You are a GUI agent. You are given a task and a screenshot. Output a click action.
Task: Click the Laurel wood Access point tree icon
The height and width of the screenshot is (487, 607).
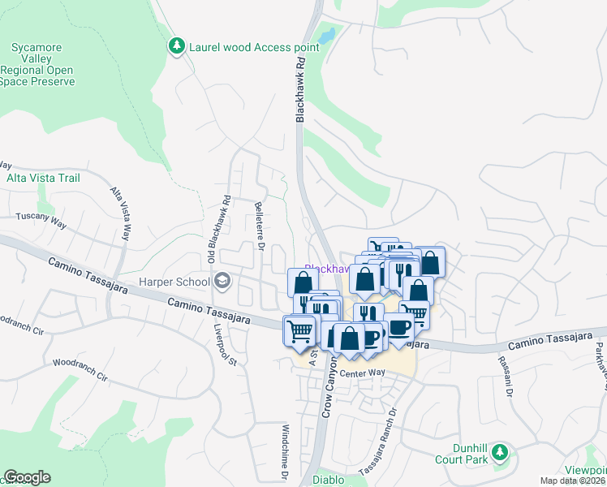click(176, 46)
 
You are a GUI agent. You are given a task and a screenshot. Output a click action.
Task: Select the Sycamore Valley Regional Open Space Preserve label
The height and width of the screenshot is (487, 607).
click(43, 64)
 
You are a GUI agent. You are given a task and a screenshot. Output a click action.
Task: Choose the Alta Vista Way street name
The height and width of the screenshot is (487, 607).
click(120, 214)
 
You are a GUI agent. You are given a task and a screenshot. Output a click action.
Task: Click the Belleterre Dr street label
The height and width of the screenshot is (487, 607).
click(260, 223)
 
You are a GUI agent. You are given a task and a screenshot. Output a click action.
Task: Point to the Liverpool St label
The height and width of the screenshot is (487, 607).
click(224, 346)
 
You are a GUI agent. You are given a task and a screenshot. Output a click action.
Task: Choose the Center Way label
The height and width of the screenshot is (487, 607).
click(361, 373)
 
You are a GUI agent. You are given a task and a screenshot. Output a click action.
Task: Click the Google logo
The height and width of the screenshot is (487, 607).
click(27, 477)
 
